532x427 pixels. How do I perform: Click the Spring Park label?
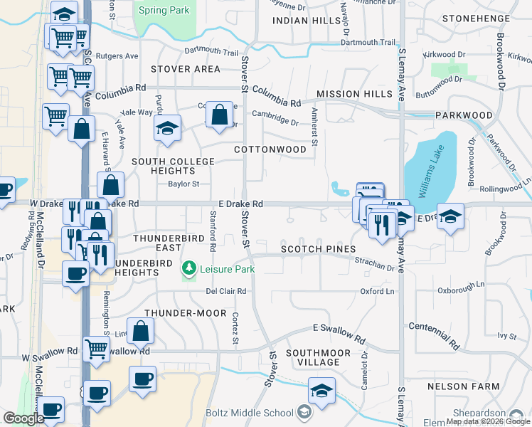[x=165, y=10]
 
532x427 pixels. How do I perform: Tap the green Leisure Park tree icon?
[x=189, y=268]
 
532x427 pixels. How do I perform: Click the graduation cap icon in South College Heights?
[x=167, y=128]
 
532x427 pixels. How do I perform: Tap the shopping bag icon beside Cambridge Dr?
[x=219, y=113]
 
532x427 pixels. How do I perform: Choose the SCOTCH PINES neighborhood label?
[x=316, y=250]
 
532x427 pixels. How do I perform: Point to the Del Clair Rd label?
[x=225, y=291]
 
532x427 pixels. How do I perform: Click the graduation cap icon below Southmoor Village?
[x=321, y=391]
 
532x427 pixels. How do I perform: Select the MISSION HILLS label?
[x=354, y=94]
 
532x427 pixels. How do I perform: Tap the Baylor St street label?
[x=183, y=184]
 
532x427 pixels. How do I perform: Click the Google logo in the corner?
[x=23, y=418]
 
